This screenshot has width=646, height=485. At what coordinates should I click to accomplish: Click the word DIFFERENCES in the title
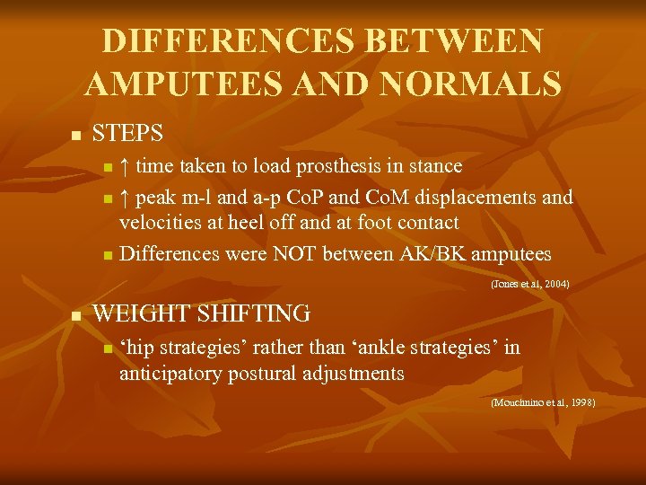(x=214, y=41)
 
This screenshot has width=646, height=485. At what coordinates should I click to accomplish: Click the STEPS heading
(x=127, y=134)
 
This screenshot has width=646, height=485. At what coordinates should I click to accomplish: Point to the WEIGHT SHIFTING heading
(x=202, y=313)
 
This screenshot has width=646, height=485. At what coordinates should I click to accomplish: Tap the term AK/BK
(x=417, y=254)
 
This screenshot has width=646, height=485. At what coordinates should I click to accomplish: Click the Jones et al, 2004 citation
(x=529, y=285)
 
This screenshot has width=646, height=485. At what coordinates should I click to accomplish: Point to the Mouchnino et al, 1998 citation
(x=543, y=403)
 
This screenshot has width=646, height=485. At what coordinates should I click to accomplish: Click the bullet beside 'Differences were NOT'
(x=108, y=256)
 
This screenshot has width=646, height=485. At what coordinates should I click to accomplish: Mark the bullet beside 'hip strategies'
(x=108, y=348)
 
